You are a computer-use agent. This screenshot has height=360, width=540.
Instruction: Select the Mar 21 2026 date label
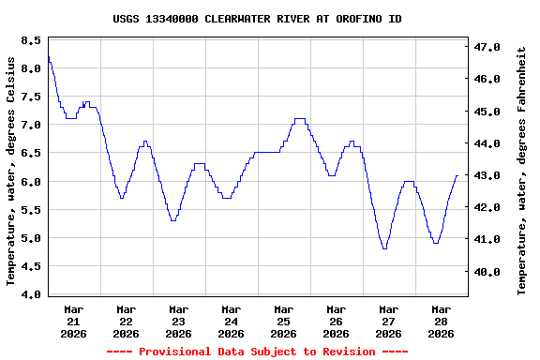pos(73,321)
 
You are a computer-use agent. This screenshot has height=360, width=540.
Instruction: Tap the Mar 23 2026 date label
pos(178,321)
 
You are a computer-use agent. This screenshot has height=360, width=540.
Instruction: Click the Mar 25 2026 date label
pos(283,321)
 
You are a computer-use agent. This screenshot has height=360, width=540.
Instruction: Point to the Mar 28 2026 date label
pos(441,321)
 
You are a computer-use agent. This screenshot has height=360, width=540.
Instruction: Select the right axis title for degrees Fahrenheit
pos(522,171)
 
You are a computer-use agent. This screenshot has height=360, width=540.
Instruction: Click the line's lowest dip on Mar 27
pos(384,248)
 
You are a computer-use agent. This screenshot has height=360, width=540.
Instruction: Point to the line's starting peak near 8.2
pos(48,57)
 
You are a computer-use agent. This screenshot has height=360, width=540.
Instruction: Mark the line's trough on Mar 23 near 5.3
pos(172,220)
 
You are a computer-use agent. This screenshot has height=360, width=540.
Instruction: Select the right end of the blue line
pos(457,175)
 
